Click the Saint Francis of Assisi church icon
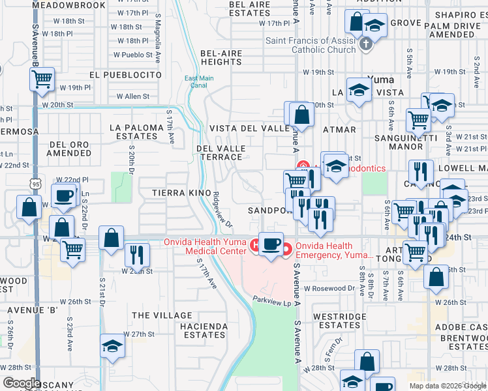[x=366, y=44]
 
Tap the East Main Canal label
[x=199, y=82]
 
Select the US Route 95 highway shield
[x=37, y=184]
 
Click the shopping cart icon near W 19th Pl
[x=42, y=80]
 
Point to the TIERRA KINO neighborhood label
[x=181, y=193]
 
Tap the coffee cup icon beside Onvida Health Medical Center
[x=271, y=243]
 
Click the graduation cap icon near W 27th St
[x=112, y=345]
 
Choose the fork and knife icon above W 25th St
[x=136, y=253]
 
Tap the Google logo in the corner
[x=21, y=383]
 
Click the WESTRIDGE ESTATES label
[x=336, y=320]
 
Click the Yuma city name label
[x=380, y=80]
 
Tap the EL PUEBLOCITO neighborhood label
[x=125, y=75]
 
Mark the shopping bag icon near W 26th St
[x=436, y=276]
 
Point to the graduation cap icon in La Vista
[x=359, y=91]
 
